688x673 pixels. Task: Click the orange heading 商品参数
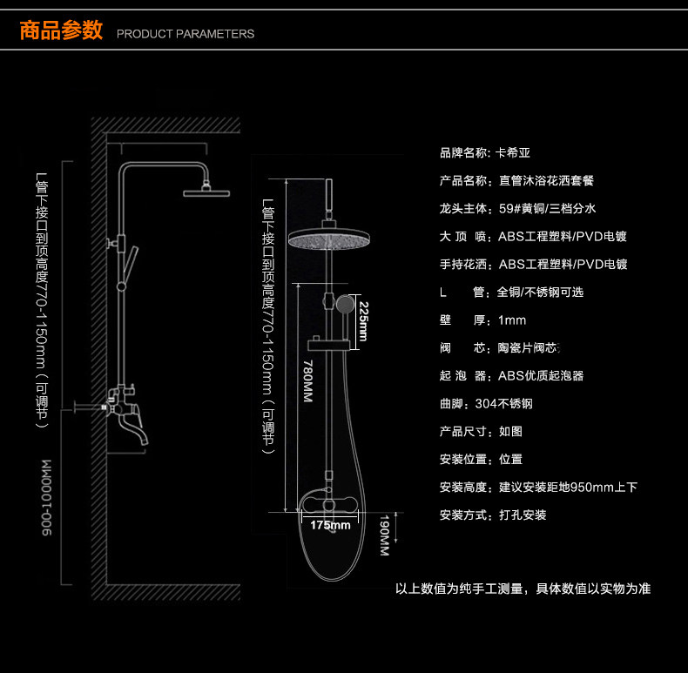click(61, 31)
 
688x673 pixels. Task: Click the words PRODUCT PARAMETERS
click(185, 34)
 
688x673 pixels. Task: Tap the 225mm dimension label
click(364, 321)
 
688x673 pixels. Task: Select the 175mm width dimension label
click(330, 525)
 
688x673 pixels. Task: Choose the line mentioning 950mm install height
click(538, 488)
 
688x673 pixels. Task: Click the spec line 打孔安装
click(493, 515)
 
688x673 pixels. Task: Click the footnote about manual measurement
click(523, 589)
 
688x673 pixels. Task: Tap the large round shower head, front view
click(330, 238)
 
